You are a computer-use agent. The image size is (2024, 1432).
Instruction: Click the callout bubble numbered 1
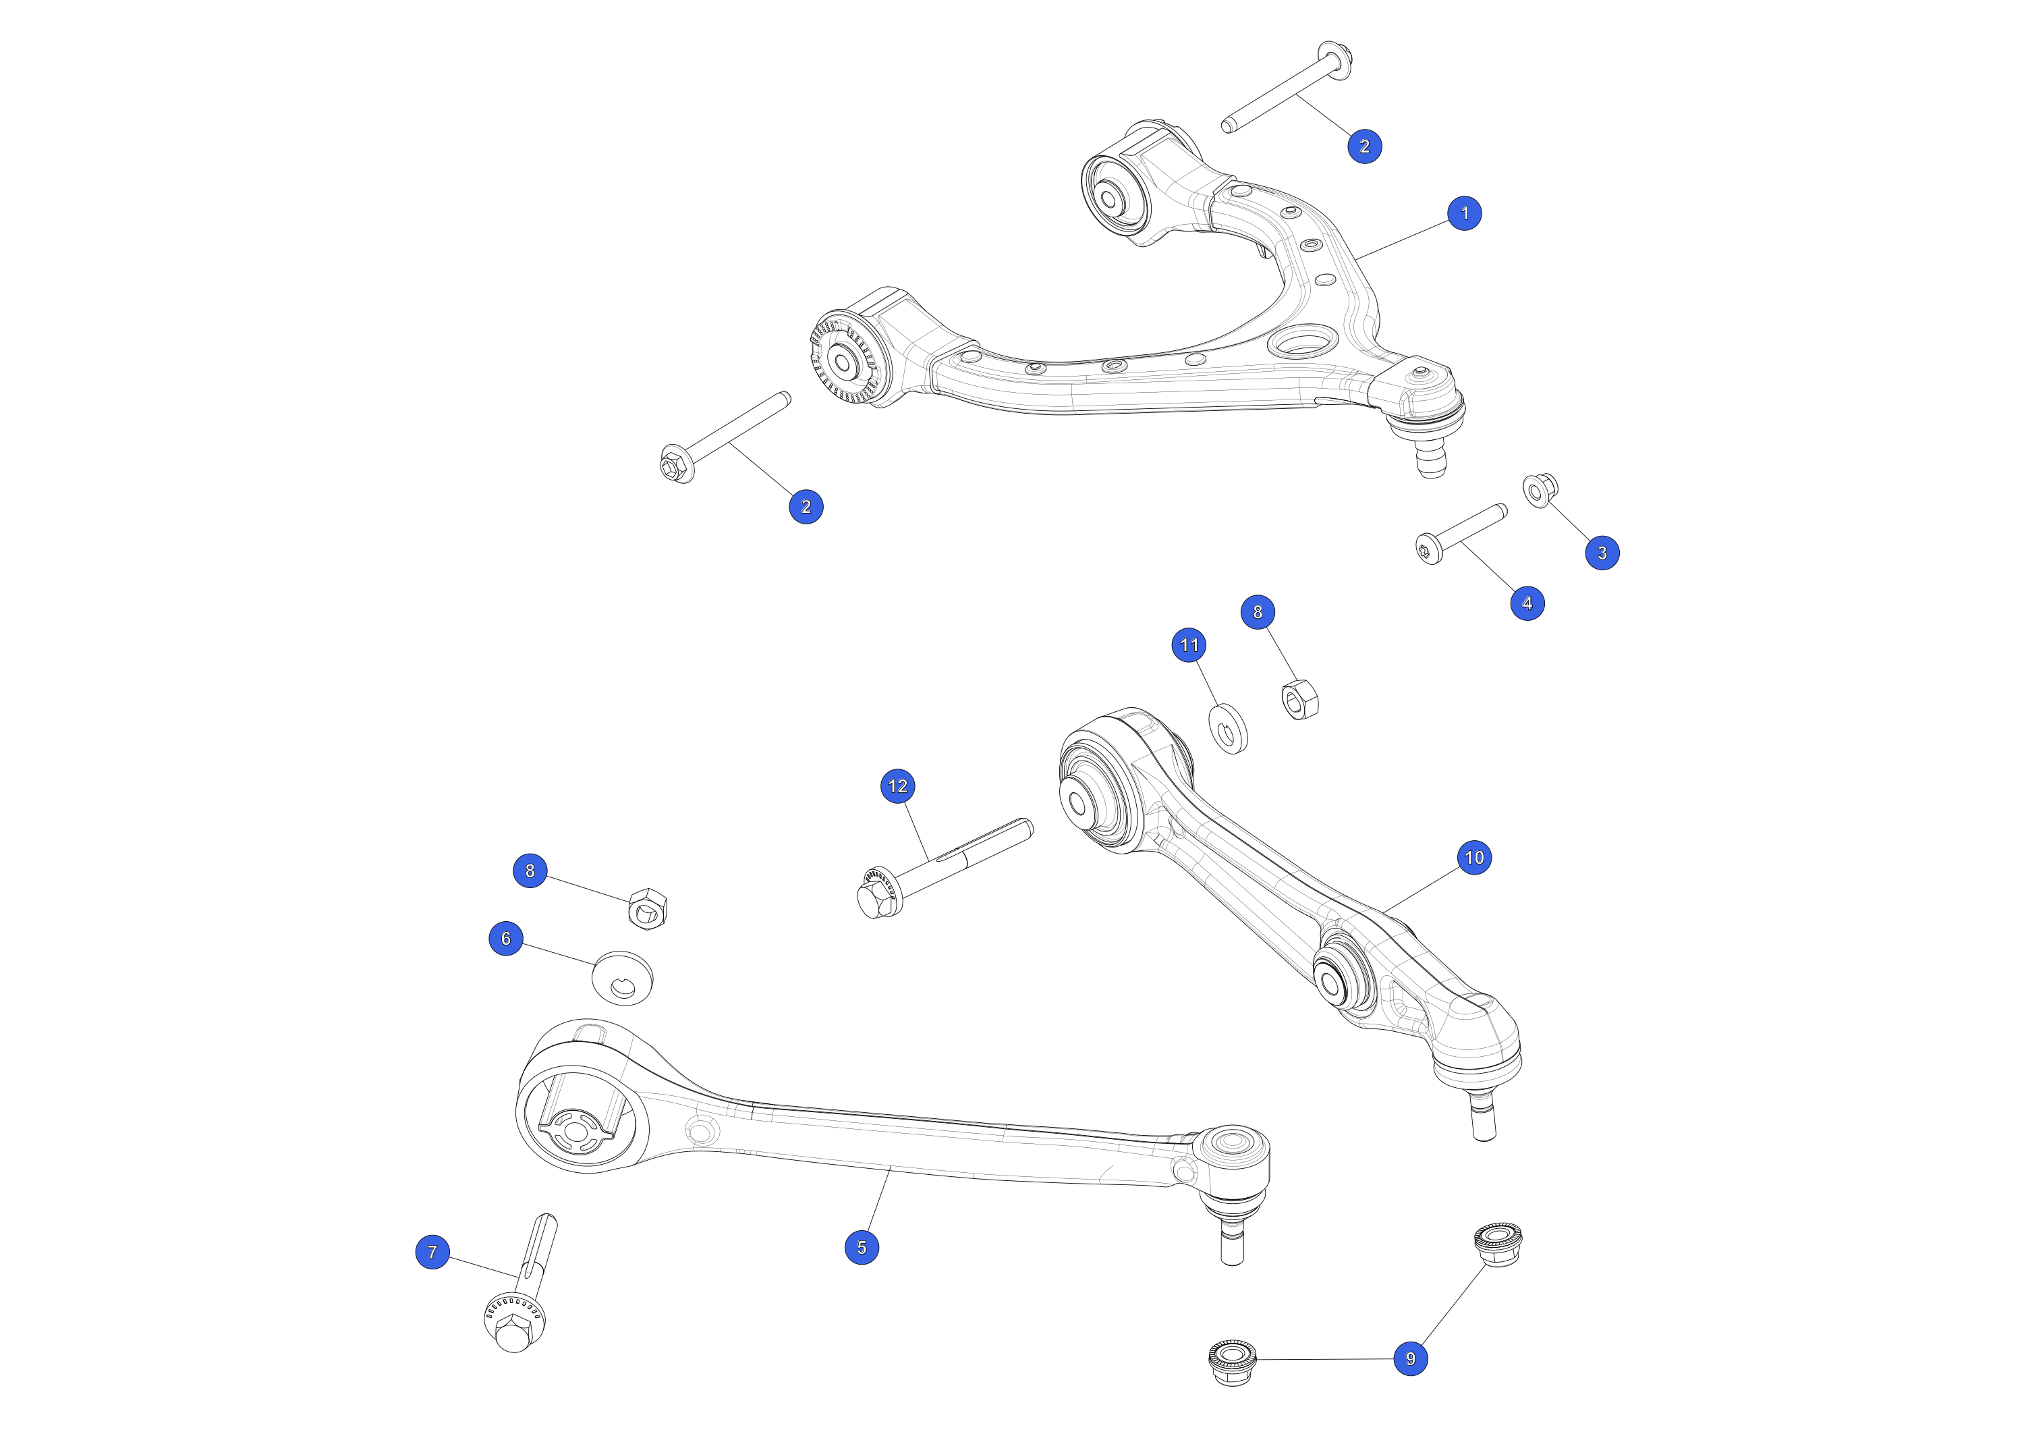coord(1465,213)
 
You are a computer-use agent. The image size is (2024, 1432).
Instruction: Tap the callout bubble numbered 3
coord(1602,553)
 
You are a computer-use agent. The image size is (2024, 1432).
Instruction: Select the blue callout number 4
coord(1527,603)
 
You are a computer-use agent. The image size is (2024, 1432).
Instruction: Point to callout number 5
coord(862,1247)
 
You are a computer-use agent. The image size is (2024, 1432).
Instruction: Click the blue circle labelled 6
coord(506,938)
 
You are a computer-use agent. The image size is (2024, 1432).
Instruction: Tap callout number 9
coord(1411,1359)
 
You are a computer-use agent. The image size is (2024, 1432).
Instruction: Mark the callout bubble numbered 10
coord(1474,857)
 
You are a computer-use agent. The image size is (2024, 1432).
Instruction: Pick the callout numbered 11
coord(1189,644)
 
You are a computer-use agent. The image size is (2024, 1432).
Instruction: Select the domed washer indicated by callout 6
coord(622,978)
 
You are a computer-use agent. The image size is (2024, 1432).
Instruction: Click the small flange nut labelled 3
coord(1540,489)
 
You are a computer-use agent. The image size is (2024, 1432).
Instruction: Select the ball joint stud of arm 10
coord(1483,1118)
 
